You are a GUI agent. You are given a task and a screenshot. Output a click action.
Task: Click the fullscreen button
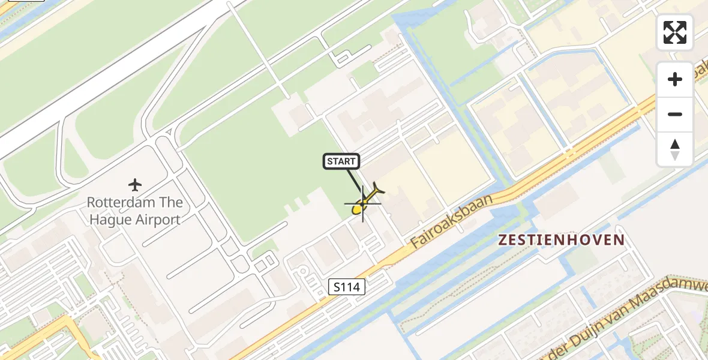pyautogui.click(x=675, y=32)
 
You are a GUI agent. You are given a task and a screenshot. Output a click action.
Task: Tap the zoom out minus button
pyautogui.click(x=675, y=114)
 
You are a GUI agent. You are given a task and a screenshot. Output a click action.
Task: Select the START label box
pyautogui.click(x=341, y=161)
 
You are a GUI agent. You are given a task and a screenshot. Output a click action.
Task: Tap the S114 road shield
pyautogui.click(x=347, y=287)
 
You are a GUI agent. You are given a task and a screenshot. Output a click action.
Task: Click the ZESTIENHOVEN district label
pyautogui.click(x=562, y=240)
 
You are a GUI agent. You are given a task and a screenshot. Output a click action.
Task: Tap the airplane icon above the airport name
pyautogui.click(x=135, y=184)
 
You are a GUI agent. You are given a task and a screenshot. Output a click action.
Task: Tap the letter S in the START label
pyautogui.click(x=329, y=161)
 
